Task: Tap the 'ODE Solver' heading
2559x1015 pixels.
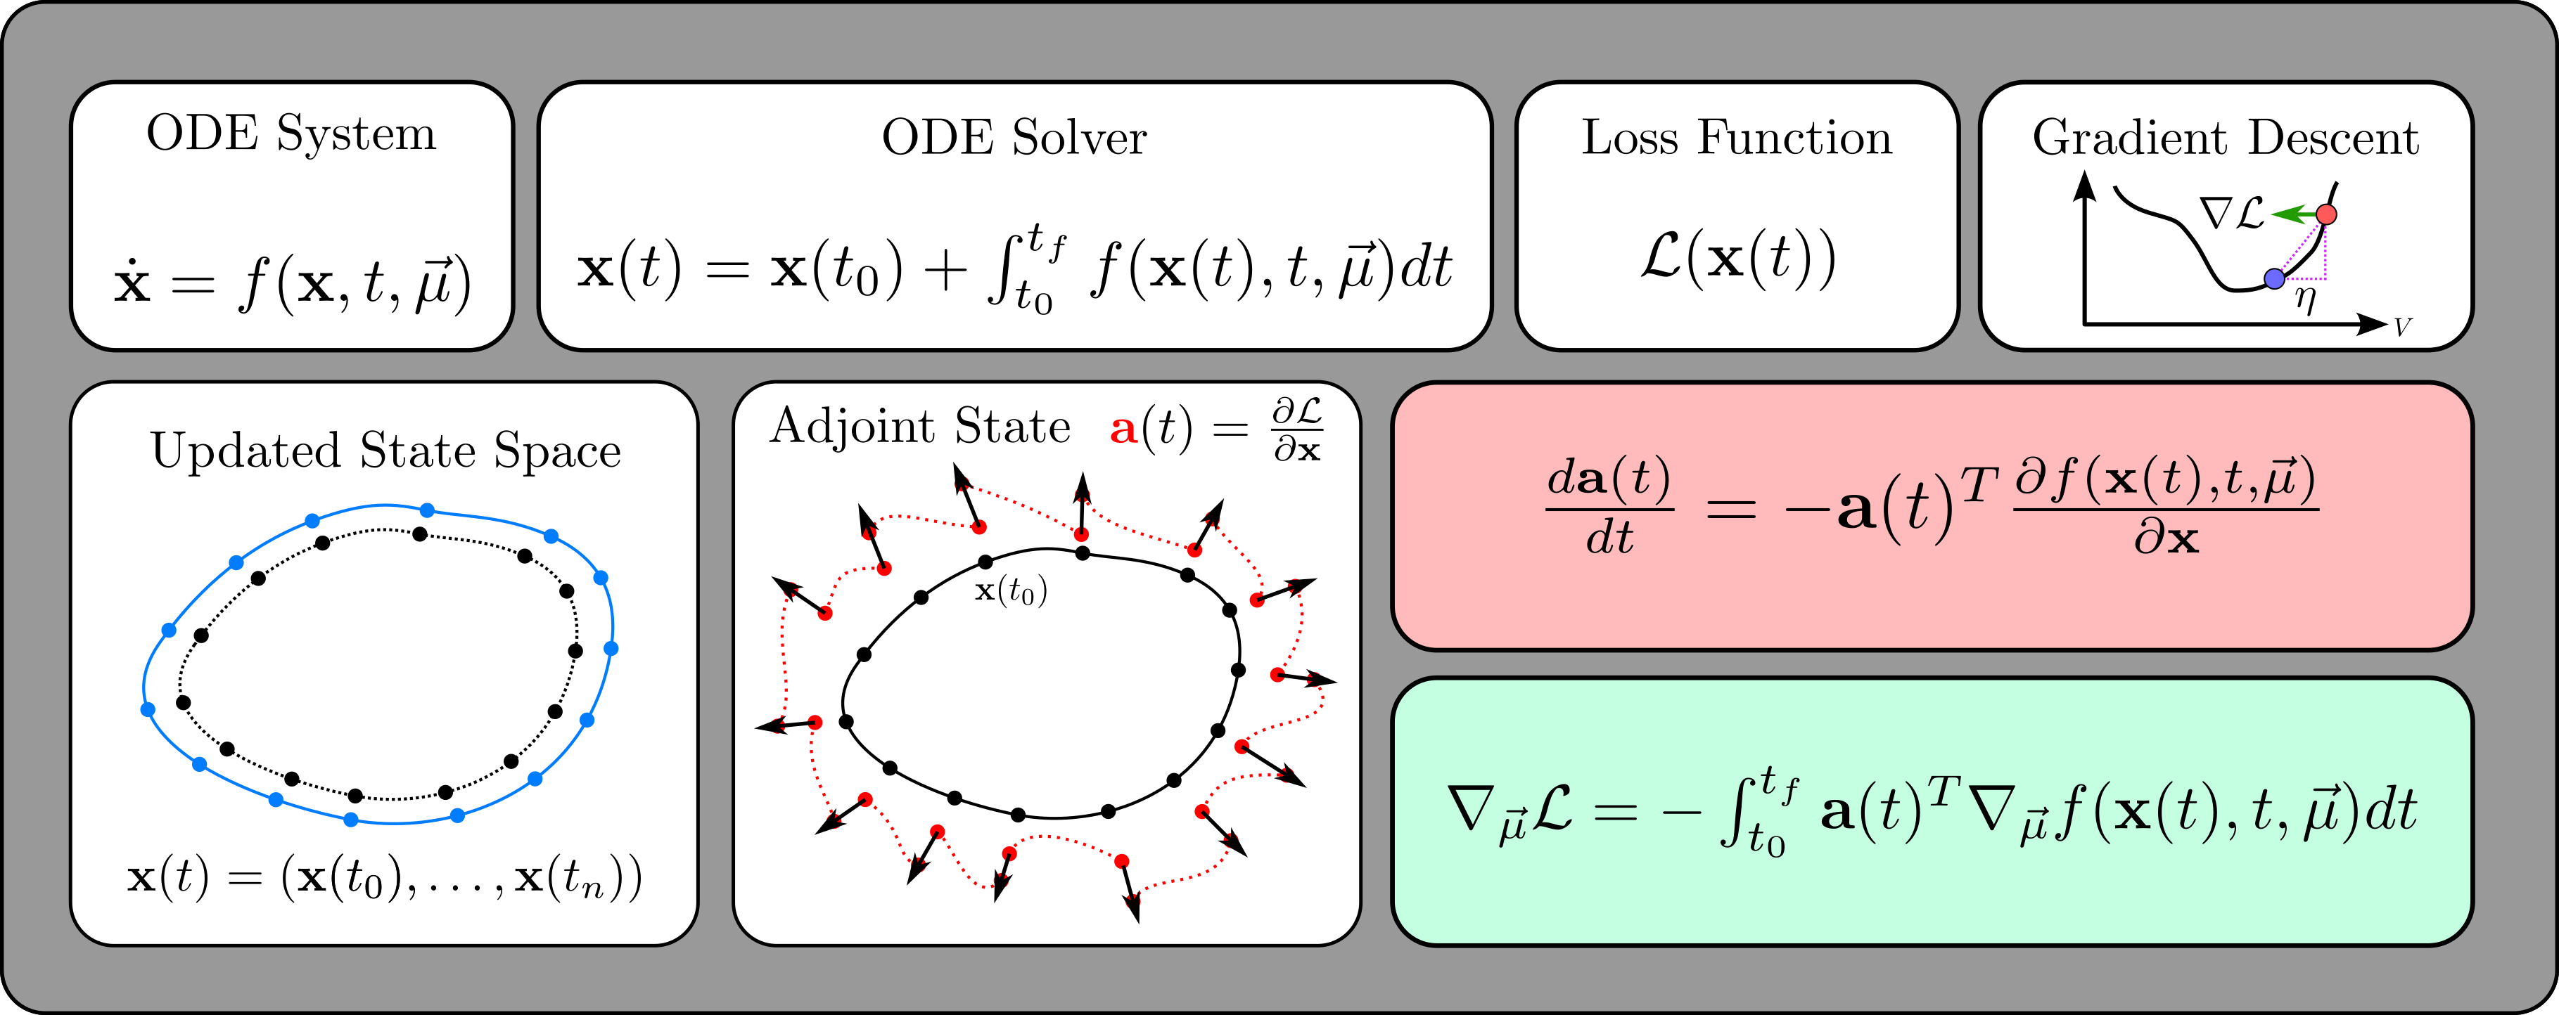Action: point(1014,137)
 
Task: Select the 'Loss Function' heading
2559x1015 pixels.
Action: point(1737,137)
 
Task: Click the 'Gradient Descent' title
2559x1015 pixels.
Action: point(2225,137)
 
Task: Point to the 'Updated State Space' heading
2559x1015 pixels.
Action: point(385,451)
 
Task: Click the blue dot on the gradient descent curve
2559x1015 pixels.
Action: point(2274,279)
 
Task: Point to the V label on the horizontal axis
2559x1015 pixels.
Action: point(2402,327)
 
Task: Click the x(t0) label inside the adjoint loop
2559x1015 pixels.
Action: point(1010,591)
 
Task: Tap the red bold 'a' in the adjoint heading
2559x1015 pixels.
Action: point(1123,429)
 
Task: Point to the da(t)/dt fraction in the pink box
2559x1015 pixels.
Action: point(1609,507)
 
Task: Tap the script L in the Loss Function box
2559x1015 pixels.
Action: point(1661,257)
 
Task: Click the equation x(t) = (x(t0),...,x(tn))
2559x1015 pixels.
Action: point(385,878)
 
